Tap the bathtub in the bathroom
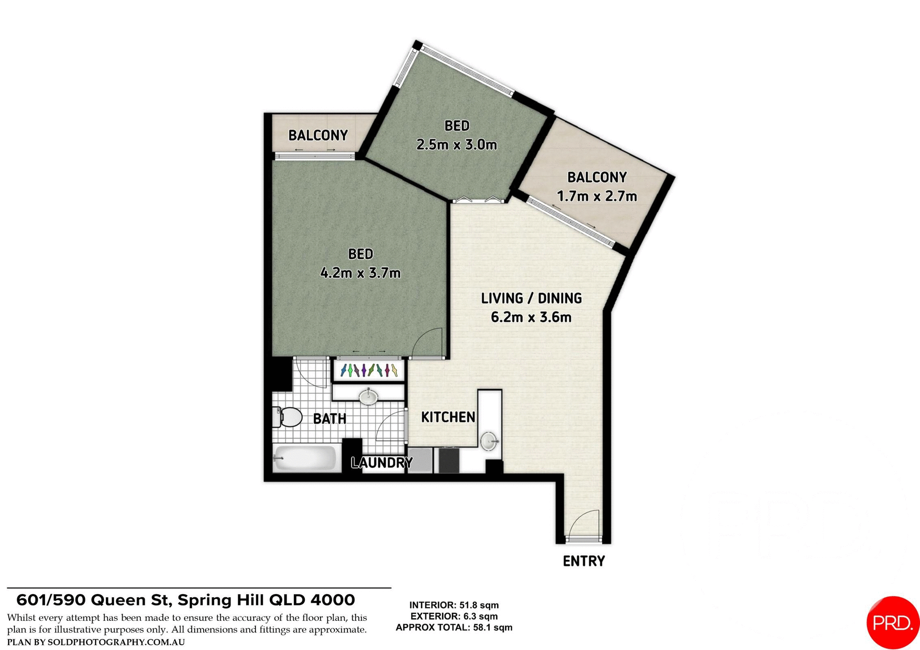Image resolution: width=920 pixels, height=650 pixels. [305, 458]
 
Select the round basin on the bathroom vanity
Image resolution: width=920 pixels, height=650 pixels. [368, 396]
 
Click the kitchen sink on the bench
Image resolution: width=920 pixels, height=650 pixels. [489, 441]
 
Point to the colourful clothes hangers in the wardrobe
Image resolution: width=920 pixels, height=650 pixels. [368, 370]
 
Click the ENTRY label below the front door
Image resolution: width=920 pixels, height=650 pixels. [583, 561]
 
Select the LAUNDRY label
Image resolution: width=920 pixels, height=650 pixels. [381, 463]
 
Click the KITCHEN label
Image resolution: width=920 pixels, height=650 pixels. [448, 417]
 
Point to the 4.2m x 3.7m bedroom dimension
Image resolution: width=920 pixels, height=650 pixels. [360, 273]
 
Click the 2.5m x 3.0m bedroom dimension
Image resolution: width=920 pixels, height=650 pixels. [457, 144]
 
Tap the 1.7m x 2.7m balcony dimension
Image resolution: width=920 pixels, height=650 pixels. [597, 196]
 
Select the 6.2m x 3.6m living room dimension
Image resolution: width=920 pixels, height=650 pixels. [531, 317]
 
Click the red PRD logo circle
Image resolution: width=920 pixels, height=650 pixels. [892, 622]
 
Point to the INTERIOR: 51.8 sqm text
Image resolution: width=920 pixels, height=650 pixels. [454, 605]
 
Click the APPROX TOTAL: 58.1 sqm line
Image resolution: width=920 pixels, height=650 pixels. [454, 627]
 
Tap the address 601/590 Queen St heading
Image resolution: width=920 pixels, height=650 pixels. [185, 600]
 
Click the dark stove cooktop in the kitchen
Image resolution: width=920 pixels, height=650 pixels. [449, 460]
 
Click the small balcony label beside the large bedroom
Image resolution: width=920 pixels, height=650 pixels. [318, 135]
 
